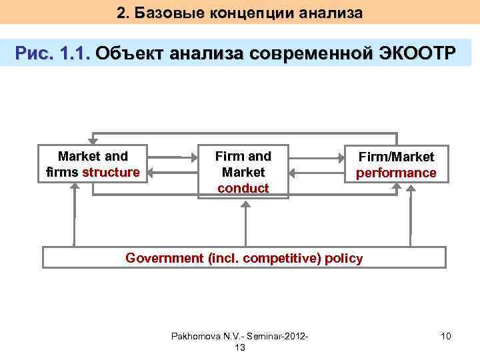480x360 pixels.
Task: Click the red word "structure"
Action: point(111,173)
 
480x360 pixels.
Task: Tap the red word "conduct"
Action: point(243,188)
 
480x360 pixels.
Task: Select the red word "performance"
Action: point(396,173)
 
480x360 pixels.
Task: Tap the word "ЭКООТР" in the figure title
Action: point(414,54)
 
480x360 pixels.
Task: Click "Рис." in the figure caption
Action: point(37,54)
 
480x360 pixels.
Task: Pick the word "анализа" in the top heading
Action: point(331,13)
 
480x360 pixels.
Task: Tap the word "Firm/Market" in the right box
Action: point(396,157)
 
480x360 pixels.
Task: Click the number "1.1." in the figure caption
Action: point(74,54)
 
